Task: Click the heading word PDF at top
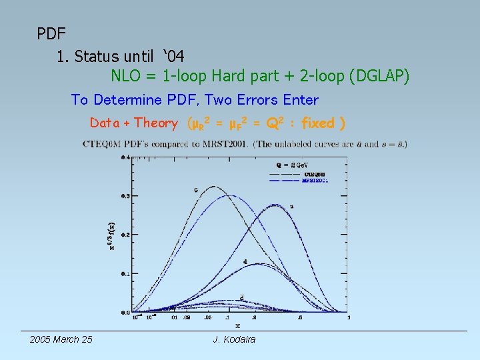(51, 32)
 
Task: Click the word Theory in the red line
(156, 123)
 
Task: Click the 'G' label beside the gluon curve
(195, 190)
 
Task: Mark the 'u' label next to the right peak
(292, 207)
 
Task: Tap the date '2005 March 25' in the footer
(61, 339)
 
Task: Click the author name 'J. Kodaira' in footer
(234, 339)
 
